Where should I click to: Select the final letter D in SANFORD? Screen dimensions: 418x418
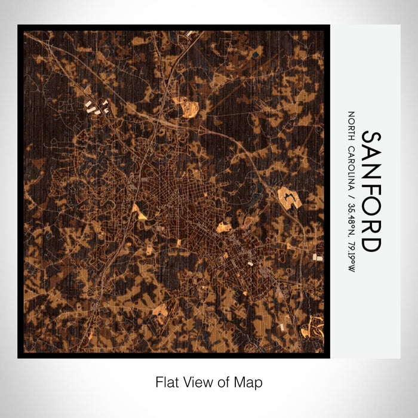click(371, 244)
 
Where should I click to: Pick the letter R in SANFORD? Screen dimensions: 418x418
click(371, 226)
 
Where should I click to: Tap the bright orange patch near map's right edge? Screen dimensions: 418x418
click(290, 197)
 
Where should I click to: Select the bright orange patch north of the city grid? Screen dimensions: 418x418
click(190, 109)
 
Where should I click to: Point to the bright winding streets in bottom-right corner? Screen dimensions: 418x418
click(314, 328)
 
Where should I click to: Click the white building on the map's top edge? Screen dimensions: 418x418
click(190, 34)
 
